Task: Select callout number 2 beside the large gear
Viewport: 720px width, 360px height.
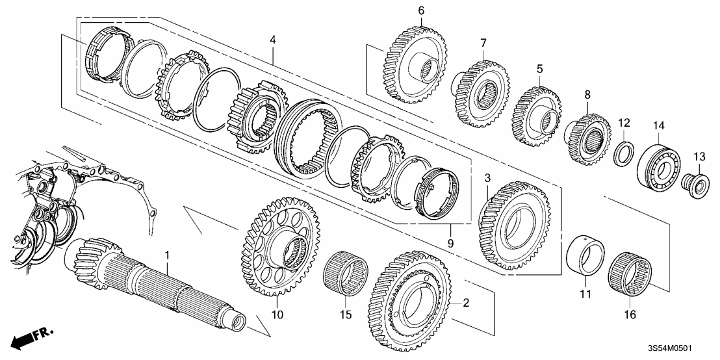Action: [x=465, y=303]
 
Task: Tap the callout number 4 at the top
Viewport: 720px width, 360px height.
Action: [x=273, y=40]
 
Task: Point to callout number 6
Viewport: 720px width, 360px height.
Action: [x=421, y=10]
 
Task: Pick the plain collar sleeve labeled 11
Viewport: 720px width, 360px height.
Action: [x=586, y=256]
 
